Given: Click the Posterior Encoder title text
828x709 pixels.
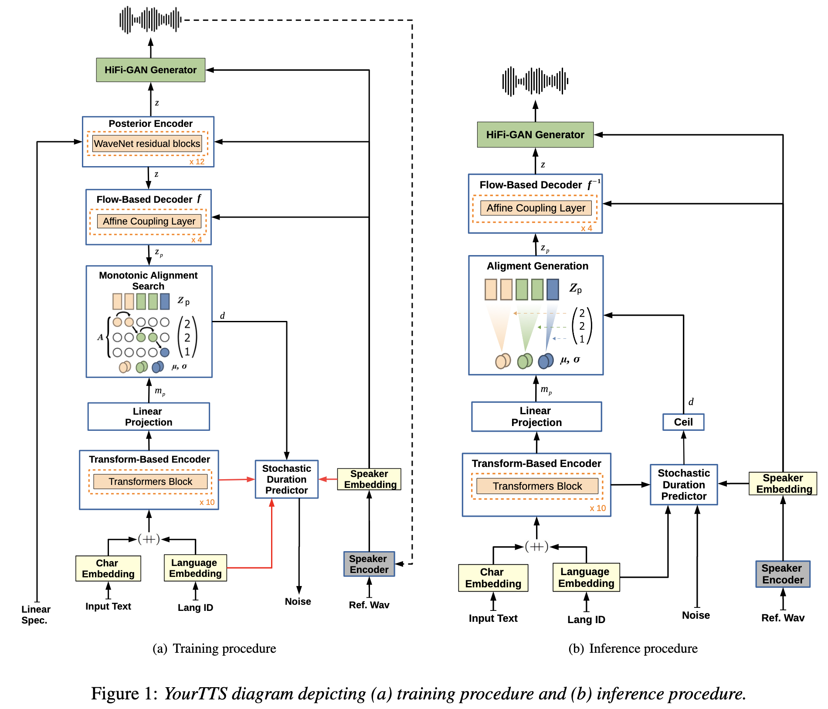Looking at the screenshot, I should pos(150,124).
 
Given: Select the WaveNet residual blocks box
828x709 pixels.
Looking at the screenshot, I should pos(147,143).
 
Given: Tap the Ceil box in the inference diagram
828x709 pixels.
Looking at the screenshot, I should pos(683,422).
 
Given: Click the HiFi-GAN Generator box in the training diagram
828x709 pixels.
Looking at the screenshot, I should pos(151,70).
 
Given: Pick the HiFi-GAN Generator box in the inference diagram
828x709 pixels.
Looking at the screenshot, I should pos(535,135).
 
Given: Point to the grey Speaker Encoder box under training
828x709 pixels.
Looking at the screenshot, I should pos(369,564).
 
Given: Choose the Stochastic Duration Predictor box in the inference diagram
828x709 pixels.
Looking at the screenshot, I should pos(684,485).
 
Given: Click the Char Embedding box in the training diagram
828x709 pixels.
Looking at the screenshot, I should pos(108,569).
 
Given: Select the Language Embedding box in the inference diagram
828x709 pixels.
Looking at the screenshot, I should pos(586,577).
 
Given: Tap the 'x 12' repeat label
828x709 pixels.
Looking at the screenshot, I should pos(197,162).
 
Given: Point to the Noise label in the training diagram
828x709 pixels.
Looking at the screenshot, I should pos(298,602).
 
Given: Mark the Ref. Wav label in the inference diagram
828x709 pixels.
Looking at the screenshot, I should pos(783,618).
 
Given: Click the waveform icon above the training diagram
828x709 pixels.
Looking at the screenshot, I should pos(150,20).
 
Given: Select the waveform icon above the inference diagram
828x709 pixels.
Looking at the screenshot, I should pos(535,81).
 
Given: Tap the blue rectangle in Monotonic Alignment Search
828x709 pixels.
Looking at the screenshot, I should pos(165,301).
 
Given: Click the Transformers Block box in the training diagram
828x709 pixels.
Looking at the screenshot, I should pos(150,482).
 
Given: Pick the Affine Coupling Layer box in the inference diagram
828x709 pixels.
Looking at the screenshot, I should pos(536,208).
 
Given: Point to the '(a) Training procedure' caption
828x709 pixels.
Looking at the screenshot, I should pos(214,648).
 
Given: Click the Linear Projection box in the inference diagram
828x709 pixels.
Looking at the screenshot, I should pos(536,417).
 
